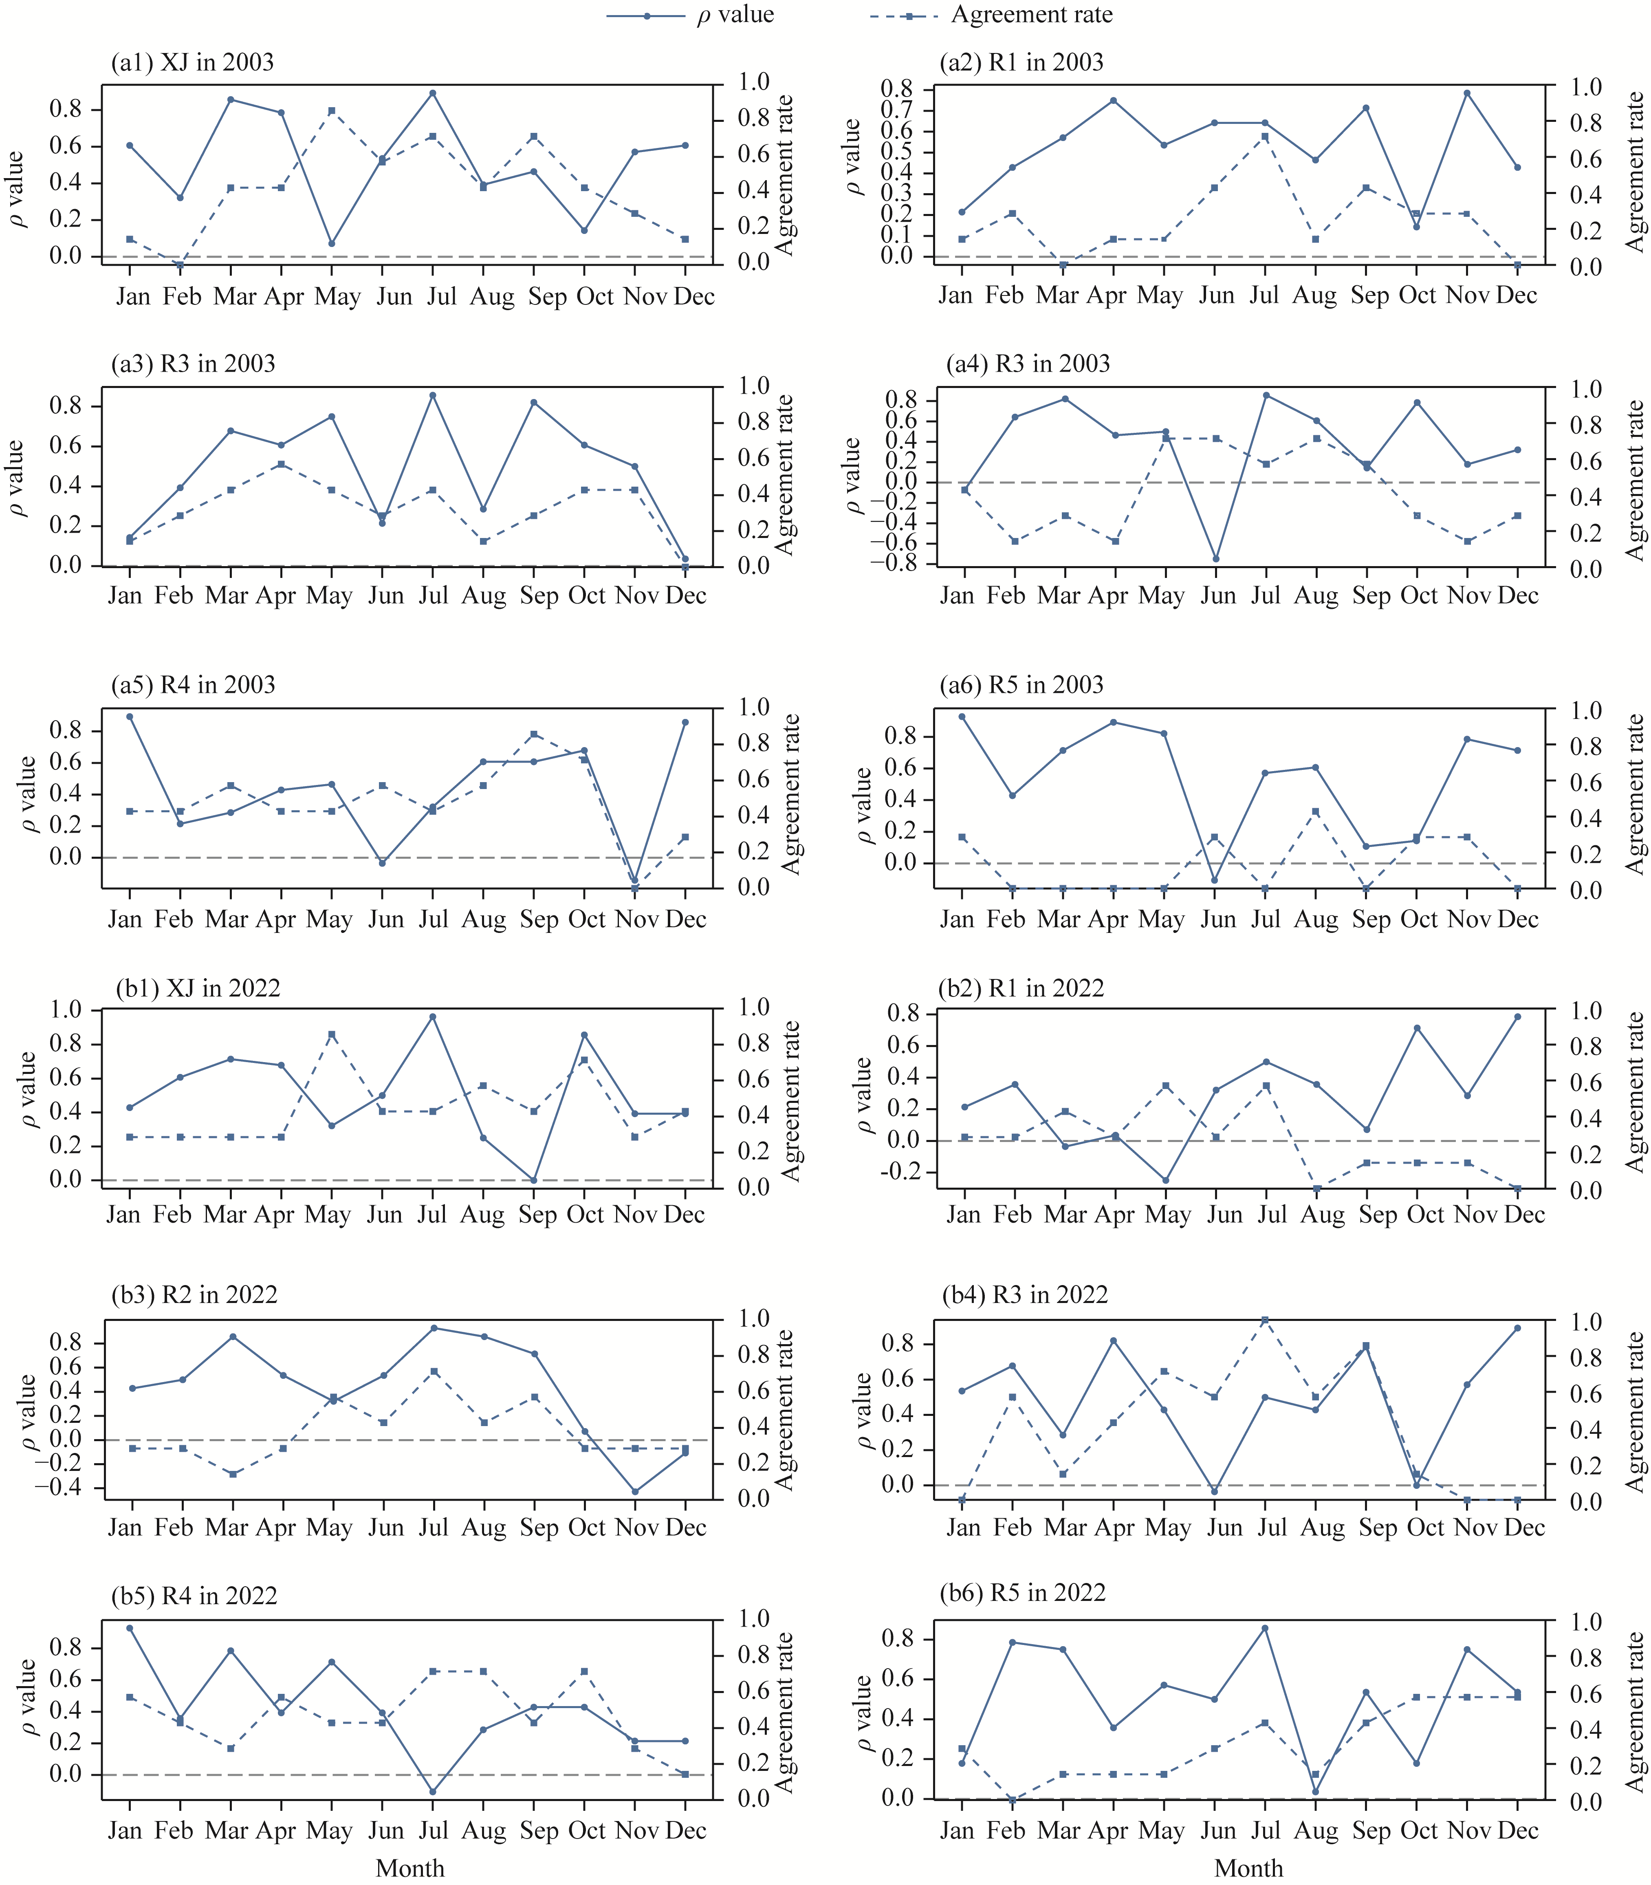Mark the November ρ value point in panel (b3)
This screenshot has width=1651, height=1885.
pos(635,1491)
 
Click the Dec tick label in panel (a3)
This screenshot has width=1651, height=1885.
pos(685,595)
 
